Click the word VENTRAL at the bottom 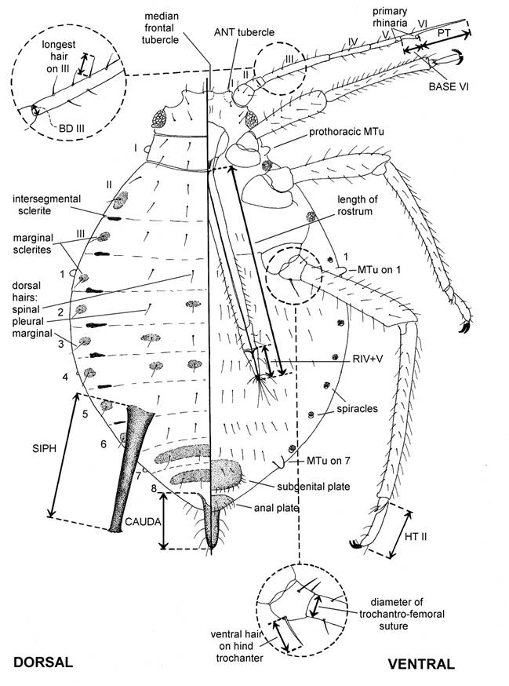(x=420, y=664)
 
